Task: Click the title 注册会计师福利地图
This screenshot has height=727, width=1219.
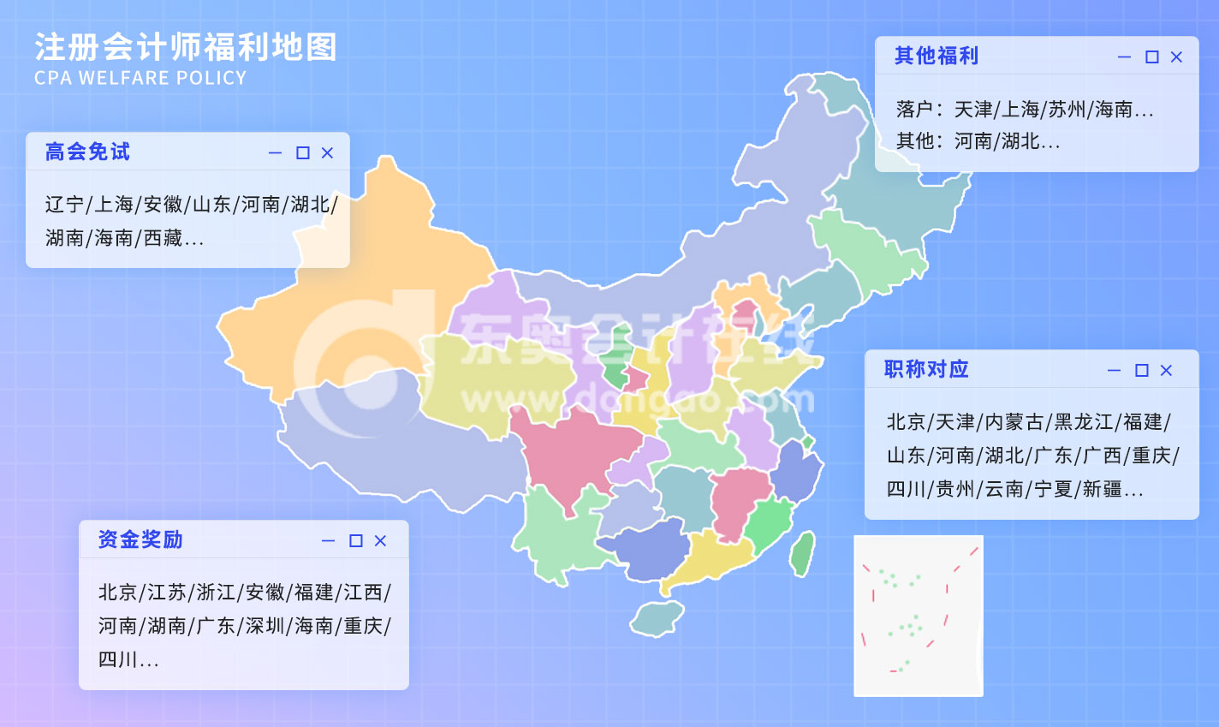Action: point(186,48)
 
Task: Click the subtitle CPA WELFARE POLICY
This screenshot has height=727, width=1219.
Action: point(140,78)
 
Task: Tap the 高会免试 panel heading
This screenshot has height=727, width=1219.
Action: point(87,152)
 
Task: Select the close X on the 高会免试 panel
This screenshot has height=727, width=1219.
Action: point(327,153)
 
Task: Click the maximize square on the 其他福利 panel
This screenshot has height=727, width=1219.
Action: point(1152,57)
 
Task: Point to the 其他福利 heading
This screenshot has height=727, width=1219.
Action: point(936,57)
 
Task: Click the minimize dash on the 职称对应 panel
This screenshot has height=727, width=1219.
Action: point(1114,371)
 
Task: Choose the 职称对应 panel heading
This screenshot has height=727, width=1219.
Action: point(926,369)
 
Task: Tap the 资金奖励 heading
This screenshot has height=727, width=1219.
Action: point(140,539)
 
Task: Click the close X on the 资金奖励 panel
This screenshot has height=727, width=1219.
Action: point(380,541)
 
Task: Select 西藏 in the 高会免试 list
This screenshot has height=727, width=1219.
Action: point(163,238)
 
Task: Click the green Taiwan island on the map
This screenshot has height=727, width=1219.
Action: point(802,553)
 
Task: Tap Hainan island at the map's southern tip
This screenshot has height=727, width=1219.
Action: point(657,618)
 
